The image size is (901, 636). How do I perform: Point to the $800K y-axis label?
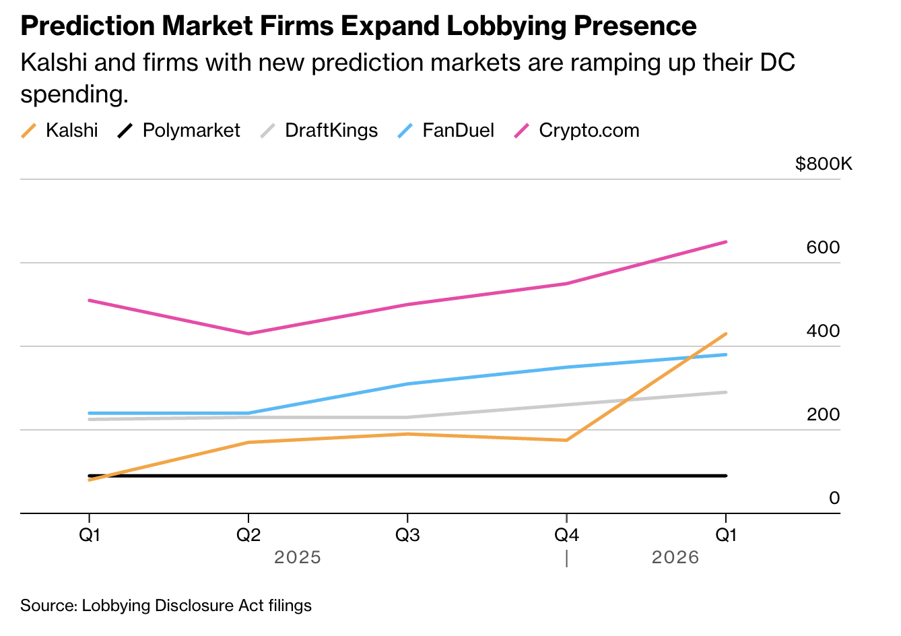(823, 164)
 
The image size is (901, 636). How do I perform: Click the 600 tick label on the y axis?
(823, 247)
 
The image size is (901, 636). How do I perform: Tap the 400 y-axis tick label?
(823, 331)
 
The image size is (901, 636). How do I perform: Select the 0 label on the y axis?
(834, 498)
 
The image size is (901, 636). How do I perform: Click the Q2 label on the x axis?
(248, 535)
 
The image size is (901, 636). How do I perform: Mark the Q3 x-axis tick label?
(407, 535)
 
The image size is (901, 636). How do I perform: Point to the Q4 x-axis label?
(566, 535)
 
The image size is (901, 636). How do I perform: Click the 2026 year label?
(675, 557)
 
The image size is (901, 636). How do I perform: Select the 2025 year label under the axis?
(298, 557)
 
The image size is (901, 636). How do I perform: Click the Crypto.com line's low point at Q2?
(248, 333)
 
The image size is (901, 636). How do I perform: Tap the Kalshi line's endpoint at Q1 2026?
(726, 333)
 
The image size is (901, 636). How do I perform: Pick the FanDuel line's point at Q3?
(407, 384)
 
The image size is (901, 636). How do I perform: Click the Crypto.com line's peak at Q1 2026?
(726, 241)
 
